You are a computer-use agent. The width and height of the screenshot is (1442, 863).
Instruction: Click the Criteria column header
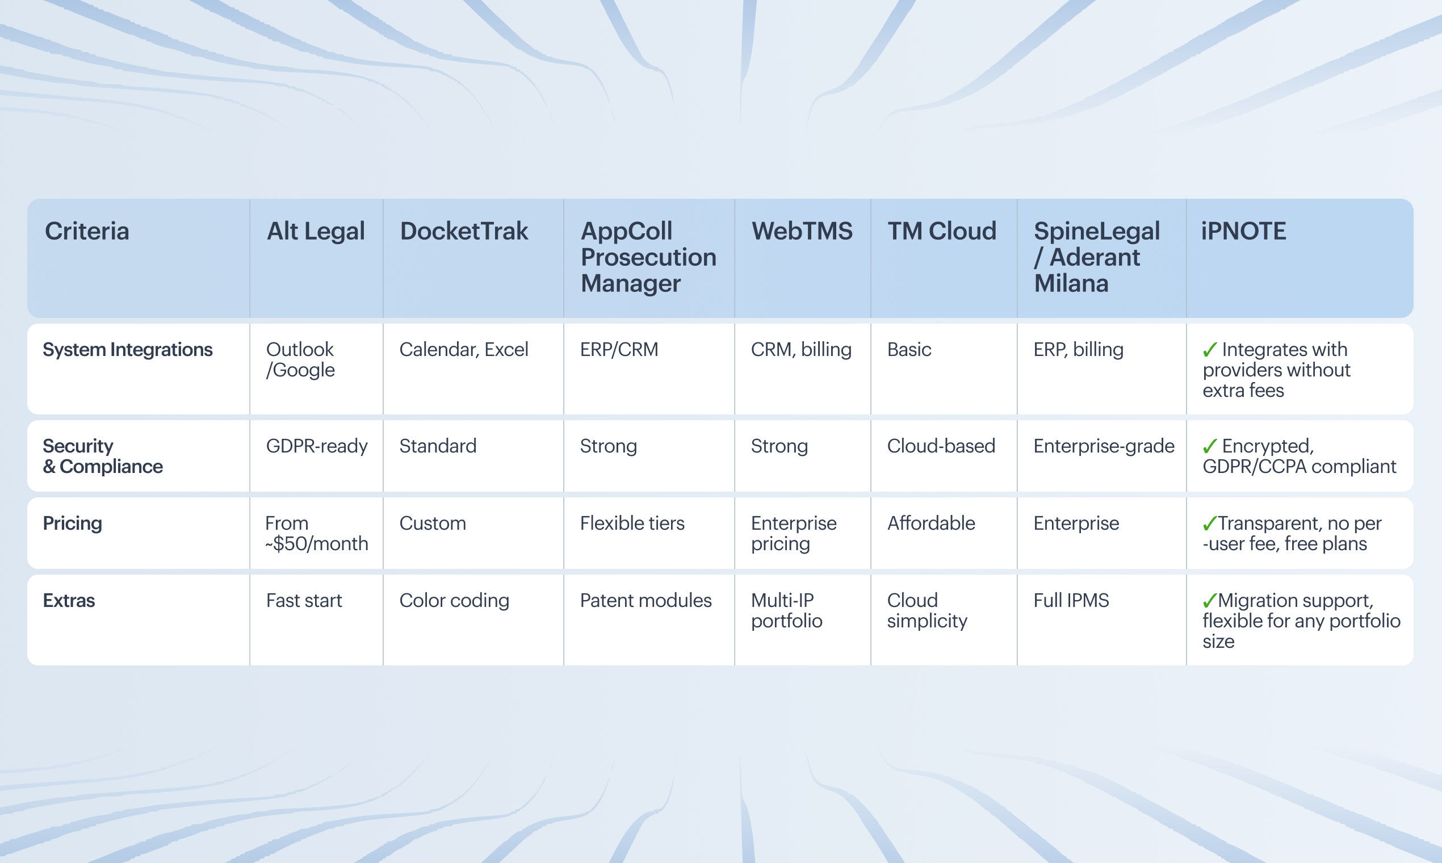tap(87, 232)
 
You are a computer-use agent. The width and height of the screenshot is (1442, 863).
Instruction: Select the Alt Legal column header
tap(316, 232)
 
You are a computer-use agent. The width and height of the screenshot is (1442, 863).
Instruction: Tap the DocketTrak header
tap(464, 232)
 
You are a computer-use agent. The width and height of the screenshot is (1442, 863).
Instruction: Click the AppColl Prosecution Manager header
tap(648, 257)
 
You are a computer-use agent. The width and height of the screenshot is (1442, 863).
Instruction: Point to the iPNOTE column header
tap(1244, 232)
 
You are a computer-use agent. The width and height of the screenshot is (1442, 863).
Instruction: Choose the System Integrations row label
tap(128, 350)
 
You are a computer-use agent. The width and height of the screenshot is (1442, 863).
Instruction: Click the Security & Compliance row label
tap(103, 456)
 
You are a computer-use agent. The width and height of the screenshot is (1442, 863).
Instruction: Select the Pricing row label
tap(73, 523)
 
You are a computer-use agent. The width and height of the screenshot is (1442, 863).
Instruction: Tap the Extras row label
tap(69, 600)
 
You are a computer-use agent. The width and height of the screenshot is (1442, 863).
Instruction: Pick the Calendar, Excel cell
tap(464, 350)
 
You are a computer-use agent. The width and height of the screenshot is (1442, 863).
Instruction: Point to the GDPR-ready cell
tap(317, 446)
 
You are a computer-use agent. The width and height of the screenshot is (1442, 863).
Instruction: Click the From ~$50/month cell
tap(317, 533)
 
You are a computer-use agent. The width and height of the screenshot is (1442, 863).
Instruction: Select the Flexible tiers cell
tap(632, 523)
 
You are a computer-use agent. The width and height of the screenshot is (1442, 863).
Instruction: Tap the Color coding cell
tap(454, 601)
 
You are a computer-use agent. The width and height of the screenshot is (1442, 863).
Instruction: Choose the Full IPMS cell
tap(1071, 600)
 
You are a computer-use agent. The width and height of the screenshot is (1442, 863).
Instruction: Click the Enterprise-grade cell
tap(1104, 446)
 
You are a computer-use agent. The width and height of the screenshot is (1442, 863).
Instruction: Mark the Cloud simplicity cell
tap(927, 610)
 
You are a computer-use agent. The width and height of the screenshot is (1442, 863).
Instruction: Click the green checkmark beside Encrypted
tap(1209, 446)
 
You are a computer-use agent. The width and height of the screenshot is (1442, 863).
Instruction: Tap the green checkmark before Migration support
tap(1209, 600)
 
